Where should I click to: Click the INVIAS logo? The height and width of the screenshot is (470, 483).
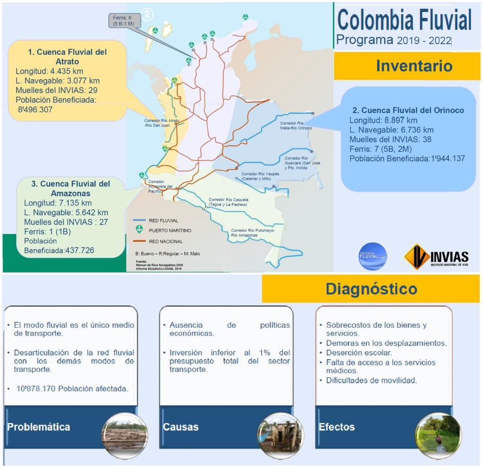436,256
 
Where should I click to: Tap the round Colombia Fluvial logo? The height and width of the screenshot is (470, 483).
373,256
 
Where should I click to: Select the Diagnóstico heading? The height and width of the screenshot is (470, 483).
371,289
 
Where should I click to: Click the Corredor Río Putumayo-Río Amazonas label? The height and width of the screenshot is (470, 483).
253,232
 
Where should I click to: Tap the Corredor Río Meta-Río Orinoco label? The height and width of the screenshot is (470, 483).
296,126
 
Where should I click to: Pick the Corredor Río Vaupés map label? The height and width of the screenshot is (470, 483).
261,176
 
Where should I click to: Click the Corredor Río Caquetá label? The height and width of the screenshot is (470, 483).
229,202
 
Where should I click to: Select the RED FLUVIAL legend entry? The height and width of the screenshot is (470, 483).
163,220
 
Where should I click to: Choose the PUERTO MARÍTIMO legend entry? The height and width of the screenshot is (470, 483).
170,230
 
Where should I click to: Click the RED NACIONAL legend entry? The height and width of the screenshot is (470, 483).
166,241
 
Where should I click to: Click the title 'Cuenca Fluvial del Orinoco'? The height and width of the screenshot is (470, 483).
408,110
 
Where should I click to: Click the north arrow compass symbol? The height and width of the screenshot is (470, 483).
147,14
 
